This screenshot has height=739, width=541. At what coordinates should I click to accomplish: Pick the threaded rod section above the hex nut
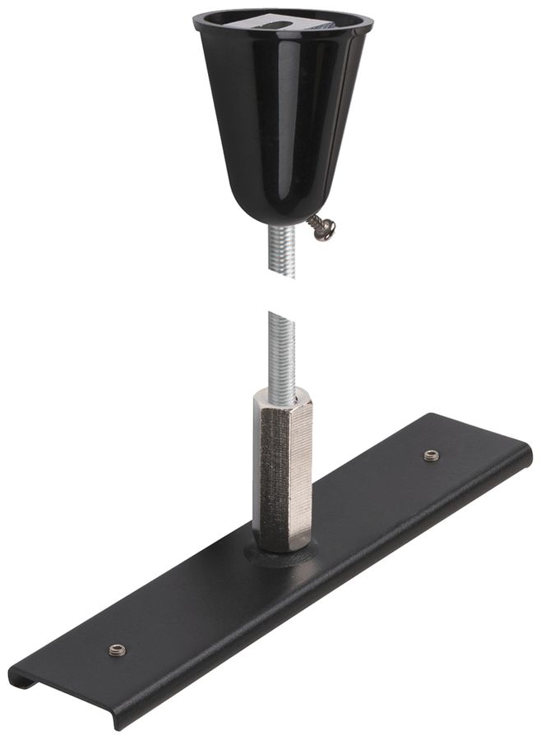tap(280, 353)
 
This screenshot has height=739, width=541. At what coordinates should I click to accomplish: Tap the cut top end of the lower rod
tap(280, 314)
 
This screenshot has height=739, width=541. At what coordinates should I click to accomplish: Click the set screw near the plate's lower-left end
tap(116, 649)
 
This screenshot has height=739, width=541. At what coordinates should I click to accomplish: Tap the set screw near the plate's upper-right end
tap(430, 454)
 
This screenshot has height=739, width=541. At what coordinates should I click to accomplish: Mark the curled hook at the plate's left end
tap(21, 678)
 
